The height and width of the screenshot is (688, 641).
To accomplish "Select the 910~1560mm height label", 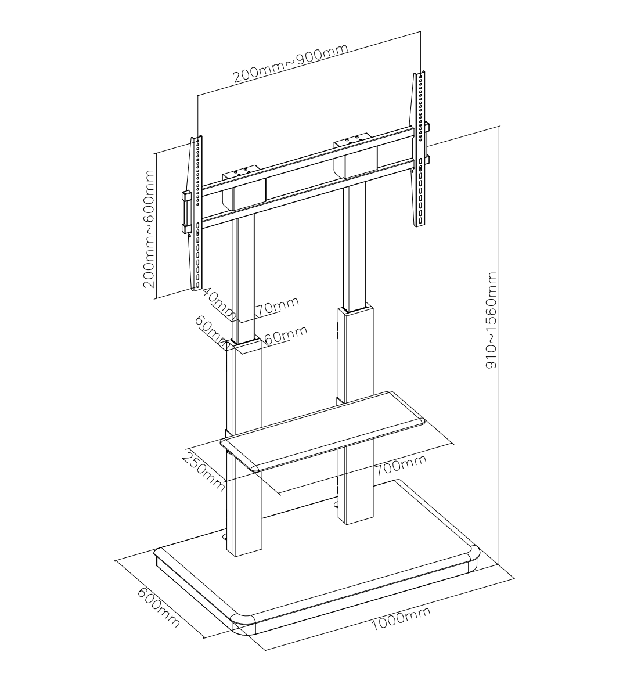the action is pos(491,320).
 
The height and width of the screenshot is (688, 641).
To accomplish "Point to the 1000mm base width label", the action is pos(401,618).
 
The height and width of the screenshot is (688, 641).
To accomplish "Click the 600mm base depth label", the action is pos(159,607).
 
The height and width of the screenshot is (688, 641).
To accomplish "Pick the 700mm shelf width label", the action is pos(400,465).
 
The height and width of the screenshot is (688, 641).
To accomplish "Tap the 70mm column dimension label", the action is pos(277,305).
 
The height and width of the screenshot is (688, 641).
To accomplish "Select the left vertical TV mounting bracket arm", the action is pos(197,214).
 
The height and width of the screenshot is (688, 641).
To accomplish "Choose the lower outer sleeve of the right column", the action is pos(356,415).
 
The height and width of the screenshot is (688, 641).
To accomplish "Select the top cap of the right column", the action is pos(352,139).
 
